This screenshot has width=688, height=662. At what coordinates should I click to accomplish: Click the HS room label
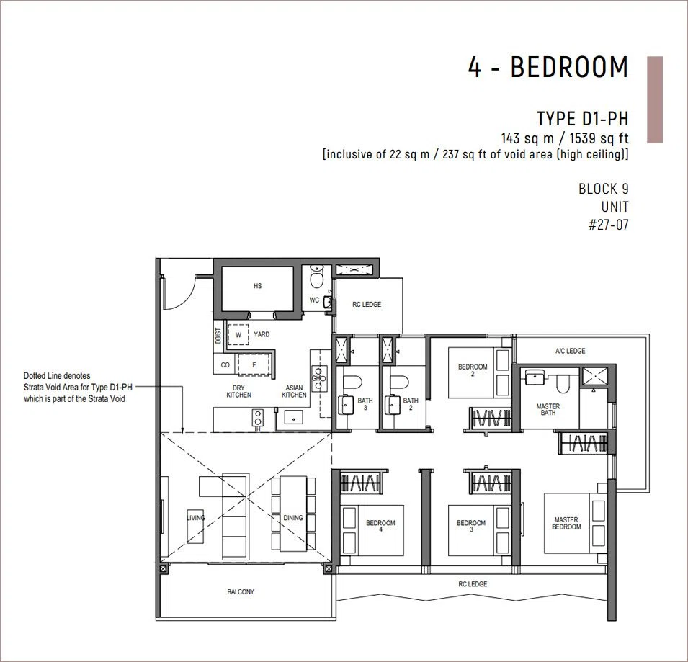pos(258,286)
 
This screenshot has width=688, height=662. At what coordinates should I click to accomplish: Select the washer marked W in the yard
pos(238,335)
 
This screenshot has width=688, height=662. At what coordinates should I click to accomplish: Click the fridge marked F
pos(254,364)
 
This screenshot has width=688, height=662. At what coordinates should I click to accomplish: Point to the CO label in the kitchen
pos(225,365)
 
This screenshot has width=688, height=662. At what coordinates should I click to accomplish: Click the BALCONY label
pos(241,592)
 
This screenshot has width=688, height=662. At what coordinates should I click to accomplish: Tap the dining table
pos(293,514)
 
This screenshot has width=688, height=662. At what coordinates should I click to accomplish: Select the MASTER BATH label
pos(548,409)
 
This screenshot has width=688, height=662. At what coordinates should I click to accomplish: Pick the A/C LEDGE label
pos(570,351)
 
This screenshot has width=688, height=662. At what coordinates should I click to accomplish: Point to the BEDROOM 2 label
pos(473,370)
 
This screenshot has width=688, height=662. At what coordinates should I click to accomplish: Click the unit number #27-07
pos(609,225)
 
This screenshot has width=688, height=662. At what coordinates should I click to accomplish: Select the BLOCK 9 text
pos(603,189)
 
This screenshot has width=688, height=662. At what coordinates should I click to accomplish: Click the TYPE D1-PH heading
pos(583,119)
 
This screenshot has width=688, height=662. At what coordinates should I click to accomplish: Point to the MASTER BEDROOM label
pos(566,523)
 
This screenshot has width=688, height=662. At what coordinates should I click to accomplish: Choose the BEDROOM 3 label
pos(471,526)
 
